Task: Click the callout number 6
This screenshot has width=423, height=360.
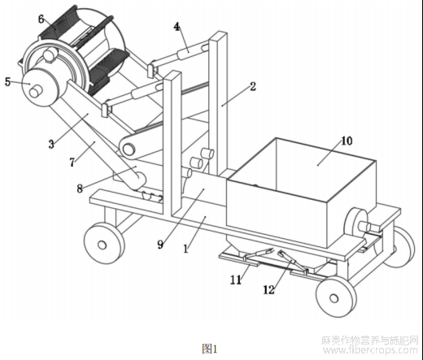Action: [x=41, y=20]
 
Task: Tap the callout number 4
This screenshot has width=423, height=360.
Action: [x=177, y=27]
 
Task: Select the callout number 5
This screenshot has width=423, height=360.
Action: [x=8, y=81]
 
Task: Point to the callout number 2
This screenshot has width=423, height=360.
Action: [x=253, y=86]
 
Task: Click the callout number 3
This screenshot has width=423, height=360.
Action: [x=51, y=144]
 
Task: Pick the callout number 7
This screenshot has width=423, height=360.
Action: [x=72, y=163]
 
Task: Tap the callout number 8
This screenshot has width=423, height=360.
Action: [x=80, y=189]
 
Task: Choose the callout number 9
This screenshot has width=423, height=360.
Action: [x=160, y=245]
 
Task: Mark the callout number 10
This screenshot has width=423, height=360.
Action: [x=347, y=141]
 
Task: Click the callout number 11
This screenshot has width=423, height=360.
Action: [x=236, y=280]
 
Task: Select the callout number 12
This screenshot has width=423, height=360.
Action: [x=268, y=290]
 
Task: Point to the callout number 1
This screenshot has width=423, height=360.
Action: [x=185, y=249]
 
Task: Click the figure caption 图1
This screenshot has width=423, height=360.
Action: [x=210, y=349]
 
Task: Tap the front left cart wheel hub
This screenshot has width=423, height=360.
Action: [x=102, y=245]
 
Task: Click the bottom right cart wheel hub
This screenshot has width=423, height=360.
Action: [x=334, y=298]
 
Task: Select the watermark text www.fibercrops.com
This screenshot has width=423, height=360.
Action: [x=370, y=350]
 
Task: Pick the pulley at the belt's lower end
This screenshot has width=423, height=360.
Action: [x=129, y=149]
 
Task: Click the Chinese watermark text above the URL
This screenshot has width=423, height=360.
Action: [x=370, y=340]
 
